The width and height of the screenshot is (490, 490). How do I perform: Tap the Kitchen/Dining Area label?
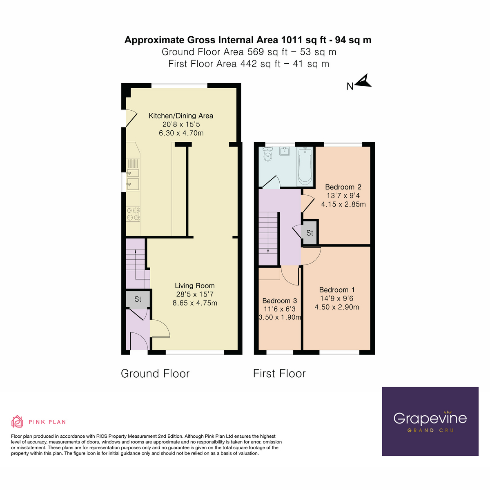(180, 116)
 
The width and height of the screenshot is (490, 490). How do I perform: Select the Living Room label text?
(194, 286)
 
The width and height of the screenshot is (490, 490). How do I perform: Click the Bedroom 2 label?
(343, 187)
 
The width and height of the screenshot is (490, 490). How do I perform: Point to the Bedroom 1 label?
(337, 290)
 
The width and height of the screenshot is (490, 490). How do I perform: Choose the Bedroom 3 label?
(279, 301)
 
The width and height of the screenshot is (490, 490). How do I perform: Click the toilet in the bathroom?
(268, 155)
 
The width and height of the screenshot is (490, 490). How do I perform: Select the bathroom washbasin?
(285, 151)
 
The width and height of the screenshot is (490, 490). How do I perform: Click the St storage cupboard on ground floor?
(138, 299)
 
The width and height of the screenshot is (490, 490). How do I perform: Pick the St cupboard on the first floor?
(310, 233)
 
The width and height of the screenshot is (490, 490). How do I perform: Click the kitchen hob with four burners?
(133, 214)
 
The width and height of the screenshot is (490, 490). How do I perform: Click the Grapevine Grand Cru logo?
(430, 421)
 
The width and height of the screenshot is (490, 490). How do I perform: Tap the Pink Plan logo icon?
(17, 421)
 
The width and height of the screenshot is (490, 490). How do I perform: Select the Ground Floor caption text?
(155, 374)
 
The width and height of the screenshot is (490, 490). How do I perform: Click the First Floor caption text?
(279, 374)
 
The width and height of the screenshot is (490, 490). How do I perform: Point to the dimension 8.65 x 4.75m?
(195, 303)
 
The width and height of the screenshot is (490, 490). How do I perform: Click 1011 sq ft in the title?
(306, 40)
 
